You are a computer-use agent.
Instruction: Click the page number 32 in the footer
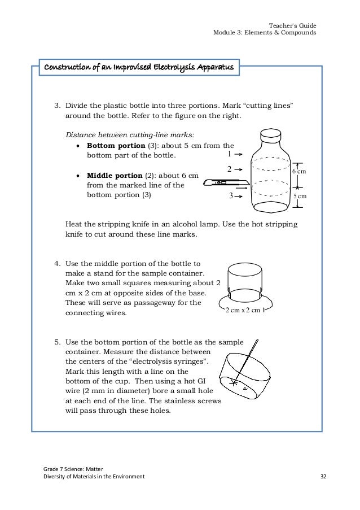pyautogui.click(x=323, y=476)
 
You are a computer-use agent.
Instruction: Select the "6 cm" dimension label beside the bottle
pyautogui.click(x=298, y=171)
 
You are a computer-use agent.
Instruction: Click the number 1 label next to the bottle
pyautogui.click(x=229, y=153)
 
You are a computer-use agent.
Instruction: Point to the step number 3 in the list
pyautogui.click(x=57, y=106)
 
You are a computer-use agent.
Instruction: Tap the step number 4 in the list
pyautogui.click(x=57, y=264)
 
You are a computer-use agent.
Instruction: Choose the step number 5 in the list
pyautogui.click(x=57, y=343)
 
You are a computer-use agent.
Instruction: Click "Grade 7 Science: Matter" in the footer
pyautogui.click(x=70, y=468)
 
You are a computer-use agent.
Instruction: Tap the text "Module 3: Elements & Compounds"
pyautogui.click(x=264, y=33)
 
